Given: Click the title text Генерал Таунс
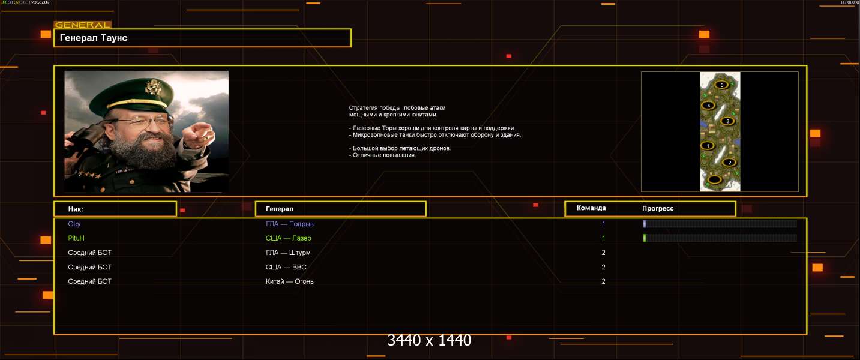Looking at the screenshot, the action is [x=94, y=38].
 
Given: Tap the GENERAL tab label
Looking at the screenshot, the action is [x=83, y=25].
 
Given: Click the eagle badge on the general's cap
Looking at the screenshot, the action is [x=153, y=87].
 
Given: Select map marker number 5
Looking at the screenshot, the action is [x=721, y=85].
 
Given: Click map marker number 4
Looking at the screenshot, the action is [x=708, y=105].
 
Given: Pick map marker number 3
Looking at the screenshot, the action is [x=727, y=121].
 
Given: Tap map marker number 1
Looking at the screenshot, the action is [x=707, y=145].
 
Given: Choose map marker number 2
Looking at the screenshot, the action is [x=729, y=163].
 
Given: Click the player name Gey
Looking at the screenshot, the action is [x=74, y=224].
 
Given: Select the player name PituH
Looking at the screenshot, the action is [x=76, y=238].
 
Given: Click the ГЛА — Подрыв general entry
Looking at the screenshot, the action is [x=289, y=224].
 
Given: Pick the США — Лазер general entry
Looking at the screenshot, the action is [x=288, y=238].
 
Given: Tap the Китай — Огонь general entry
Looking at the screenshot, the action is [x=289, y=281].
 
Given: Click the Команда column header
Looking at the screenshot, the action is [x=591, y=208].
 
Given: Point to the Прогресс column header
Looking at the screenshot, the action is [x=658, y=208].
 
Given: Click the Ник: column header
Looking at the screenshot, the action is [x=76, y=209].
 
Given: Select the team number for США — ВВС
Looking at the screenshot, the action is [x=603, y=267].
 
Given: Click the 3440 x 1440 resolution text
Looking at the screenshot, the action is [x=429, y=340].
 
